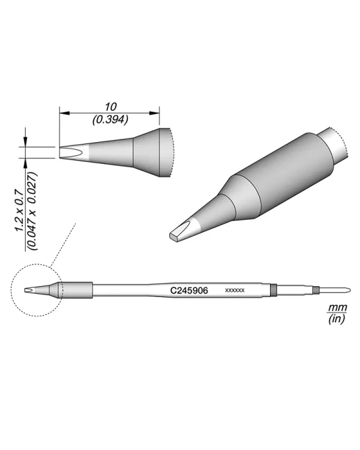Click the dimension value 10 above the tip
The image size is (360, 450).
click(110, 107)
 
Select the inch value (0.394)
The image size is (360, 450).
click(110, 119)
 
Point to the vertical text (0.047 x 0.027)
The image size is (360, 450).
click(33, 211)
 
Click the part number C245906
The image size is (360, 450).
click(189, 291)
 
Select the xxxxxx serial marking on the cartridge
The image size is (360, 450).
click(235, 290)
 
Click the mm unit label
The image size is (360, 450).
click(338, 307)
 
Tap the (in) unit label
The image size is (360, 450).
click(337, 319)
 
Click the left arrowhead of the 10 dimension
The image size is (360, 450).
click(64, 113)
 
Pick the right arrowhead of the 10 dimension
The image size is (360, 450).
click(154, 113)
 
